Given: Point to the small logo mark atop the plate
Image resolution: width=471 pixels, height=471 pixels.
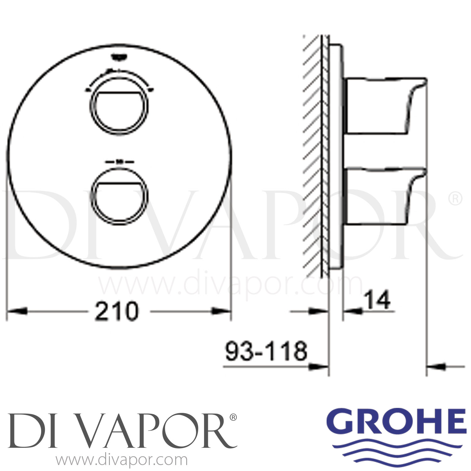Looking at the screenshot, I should [119, 57].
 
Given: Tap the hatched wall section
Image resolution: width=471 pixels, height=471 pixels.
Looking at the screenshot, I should [312, 157].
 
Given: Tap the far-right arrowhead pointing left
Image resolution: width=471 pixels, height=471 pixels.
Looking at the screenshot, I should [436, 366].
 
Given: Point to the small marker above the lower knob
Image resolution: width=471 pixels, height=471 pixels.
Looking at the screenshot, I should [119, 162].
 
